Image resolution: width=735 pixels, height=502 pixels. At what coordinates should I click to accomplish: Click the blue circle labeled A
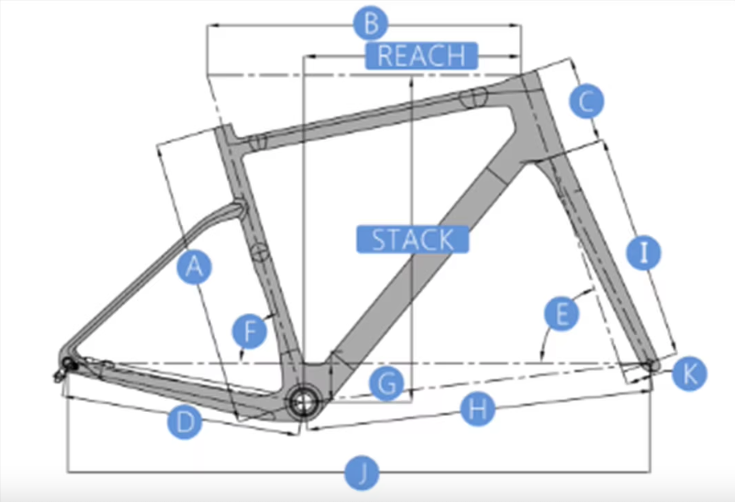click(x=194, y=267)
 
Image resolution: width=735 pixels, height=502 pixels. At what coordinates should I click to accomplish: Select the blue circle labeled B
click(x=370, y=25)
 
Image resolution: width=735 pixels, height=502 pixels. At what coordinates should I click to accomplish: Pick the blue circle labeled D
click(x=185, y=422)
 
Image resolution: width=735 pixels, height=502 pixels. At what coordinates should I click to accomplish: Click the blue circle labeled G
click(x=386, y=384)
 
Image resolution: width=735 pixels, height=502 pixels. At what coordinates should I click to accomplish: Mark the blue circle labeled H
click(x=477, y=409)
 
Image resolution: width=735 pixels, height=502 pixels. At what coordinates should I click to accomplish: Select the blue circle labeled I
click(x=644, y=253)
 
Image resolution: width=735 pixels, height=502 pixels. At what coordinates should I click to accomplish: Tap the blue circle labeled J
click(x=362, y=472)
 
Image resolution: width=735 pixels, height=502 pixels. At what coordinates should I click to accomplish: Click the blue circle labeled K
click(x=689, y=373)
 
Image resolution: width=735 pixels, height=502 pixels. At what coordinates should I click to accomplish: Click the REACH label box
click(x=421, y=56)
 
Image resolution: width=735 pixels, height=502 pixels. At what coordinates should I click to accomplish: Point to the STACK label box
click(x=413, y=239)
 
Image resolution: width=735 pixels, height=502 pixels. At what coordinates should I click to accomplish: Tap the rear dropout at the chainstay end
click(x=68, y=363)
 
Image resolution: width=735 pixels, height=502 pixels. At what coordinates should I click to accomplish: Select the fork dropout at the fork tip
click(x=651, y=365)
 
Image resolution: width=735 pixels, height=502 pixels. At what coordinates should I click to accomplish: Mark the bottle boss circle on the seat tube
click(x=259, y=253)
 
